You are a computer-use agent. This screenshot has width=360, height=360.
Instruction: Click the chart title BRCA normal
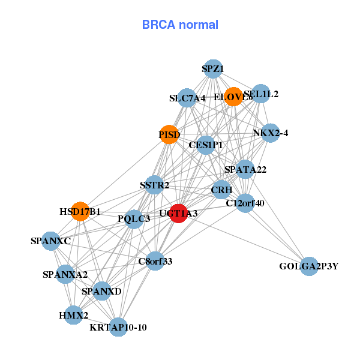pos(180,25)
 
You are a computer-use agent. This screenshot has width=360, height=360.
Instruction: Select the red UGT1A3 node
pos(178,213)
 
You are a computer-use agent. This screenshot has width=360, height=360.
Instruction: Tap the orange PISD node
pos(169,134)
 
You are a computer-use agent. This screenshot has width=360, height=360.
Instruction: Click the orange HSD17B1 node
pos(80,211)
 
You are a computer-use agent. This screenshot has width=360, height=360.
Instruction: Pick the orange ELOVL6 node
pos(233,96)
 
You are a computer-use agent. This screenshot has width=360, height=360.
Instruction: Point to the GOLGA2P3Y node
pos(308,266)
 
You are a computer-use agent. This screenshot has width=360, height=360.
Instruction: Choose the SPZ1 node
pos(212,69)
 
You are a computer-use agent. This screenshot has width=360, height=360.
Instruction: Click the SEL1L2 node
pos(260,94)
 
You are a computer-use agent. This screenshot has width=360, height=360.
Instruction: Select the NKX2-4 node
pos(271,133)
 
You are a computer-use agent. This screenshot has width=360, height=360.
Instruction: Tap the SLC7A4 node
pos(187,98)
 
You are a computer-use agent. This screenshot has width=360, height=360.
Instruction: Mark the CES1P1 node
pos(206,145)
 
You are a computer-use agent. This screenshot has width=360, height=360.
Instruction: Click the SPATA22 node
pos(245,169)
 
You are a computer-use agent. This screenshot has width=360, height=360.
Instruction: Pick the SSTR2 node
pos(155,185)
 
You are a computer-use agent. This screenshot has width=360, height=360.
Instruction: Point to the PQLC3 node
pos(134,219)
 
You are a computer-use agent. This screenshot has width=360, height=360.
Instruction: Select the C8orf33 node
pos(155,261)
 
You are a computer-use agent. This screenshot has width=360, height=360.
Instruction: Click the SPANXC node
pos(51,241)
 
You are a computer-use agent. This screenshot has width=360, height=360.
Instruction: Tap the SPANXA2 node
pos(65,275)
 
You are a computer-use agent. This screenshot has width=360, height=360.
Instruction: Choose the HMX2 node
pos(73,315)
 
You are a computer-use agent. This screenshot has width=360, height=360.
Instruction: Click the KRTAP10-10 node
pos(118,327)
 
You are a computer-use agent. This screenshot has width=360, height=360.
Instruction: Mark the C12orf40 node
pos(245,203)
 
